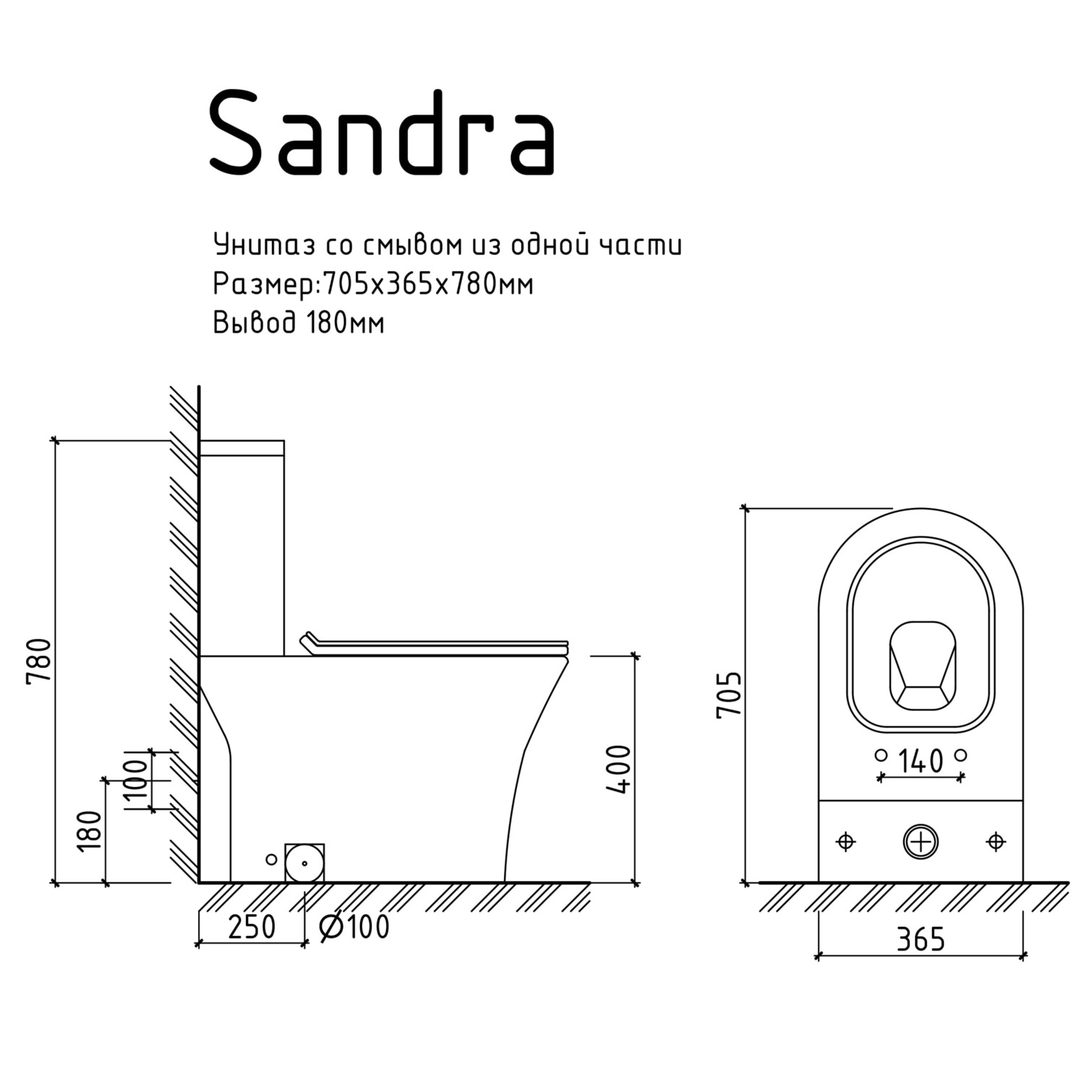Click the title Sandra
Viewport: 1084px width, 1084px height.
pyautogui.click(x=382, y=132)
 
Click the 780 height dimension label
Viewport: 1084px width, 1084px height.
pyautogui.click(x=39, y=661)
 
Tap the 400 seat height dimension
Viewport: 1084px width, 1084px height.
pyautogui.click(x=620, y=769)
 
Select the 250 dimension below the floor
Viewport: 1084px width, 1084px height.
pyautogui.click(x=252, y=926)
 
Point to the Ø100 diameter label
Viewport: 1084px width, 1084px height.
pyautogui.click(x=354, y=926)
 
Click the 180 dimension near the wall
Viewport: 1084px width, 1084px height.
pyautogui.click(x=90, y=831)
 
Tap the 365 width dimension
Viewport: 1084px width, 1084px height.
pyautogui.click(x=921, y=939)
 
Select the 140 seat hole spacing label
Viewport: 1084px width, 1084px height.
pyautogui.click(x=921, y=761)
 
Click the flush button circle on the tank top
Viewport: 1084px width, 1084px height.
pyautogui.click(x=921, y=842)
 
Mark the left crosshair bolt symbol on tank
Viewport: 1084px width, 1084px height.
pyautogui.click(x=845, y=842)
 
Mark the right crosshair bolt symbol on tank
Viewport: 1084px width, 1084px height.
pyautogui.click(x=996, y=842)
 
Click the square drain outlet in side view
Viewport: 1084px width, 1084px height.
pyautogui.click(x=304, y=863)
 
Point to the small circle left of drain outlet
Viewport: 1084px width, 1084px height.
pyautogui.click(x=271, y=859)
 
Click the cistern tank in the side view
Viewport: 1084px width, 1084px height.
pyautogui.click(x=242, y=549)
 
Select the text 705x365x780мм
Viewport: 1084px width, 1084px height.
pyautogui.click(x=427, y=284)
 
